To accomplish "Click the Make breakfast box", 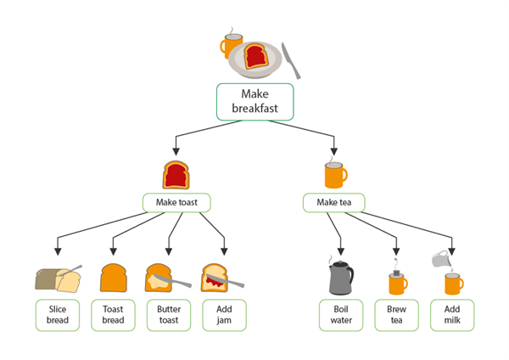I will (x=255, y=101).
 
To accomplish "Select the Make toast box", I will (x=176, y=203).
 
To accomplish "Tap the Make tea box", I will (x=333, y=203).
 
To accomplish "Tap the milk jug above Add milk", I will (x=440, y=258).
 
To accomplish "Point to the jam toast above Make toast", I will (x=176, y=174).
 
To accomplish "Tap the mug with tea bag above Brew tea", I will (x=396, y=281).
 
